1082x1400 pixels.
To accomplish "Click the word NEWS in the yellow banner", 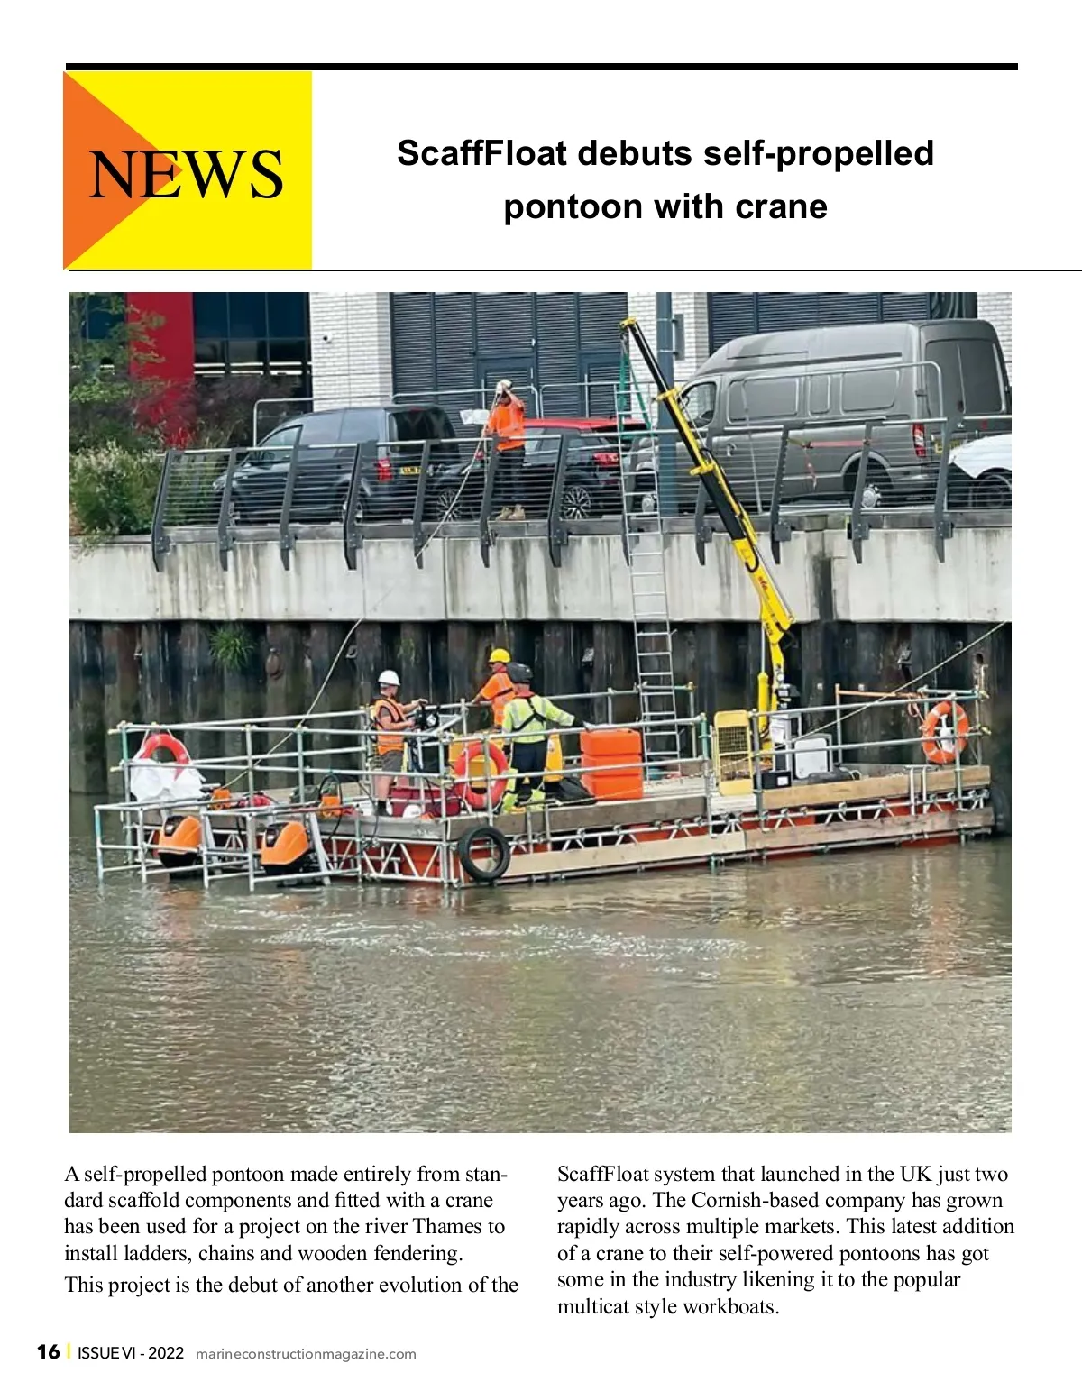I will click(186, 173).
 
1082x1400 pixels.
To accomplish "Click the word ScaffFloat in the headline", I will click(481, 153).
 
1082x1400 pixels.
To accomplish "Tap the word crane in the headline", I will click(781, 206).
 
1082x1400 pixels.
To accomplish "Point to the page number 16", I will click(48, 1351).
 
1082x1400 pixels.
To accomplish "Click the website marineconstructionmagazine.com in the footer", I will click(306, 1353).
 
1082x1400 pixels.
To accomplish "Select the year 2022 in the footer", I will click(166, 1353).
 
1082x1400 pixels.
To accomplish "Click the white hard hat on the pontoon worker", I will click(389, 677).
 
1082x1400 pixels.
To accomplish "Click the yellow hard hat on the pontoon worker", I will click(500, 655).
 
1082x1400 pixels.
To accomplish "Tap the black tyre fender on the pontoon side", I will click(484, 852).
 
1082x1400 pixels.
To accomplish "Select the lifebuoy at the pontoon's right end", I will click(944, 731).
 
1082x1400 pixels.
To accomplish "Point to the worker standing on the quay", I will click(507, 446).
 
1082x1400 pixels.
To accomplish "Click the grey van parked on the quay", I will click(848, 406).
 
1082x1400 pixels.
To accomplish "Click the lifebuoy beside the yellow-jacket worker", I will click(481, 773).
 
